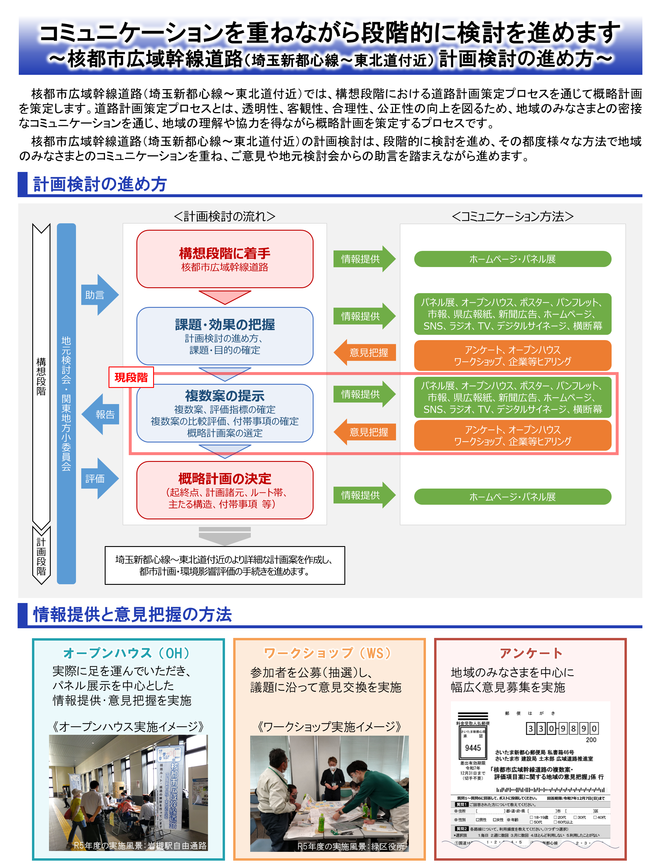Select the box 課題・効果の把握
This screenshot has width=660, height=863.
coord(225,336)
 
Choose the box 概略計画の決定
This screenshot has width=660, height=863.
coord(225,490)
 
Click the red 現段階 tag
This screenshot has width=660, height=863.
coord(131,377)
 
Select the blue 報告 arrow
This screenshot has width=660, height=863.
coord(101,414)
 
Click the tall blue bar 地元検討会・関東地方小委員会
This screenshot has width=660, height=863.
coord(66,403)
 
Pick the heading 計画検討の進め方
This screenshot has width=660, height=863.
coord(100,184)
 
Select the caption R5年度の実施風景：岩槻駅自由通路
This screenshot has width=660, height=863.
coord(140,845)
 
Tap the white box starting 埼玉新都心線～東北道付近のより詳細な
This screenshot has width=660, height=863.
coord(225,565)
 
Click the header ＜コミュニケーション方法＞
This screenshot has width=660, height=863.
coord(512,216)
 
